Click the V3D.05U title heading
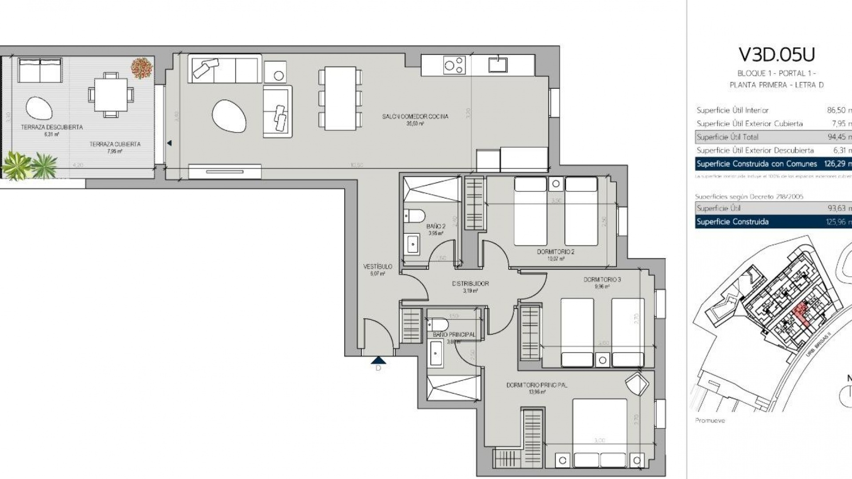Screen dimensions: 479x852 click(x=777, y=55)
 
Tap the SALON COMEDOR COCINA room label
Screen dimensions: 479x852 click(x=415, y=117)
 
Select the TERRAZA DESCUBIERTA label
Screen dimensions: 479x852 click(x=52, y=127)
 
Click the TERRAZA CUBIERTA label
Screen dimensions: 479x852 click(x=115, y=144)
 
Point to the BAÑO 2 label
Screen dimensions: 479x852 click(x=435, y=226)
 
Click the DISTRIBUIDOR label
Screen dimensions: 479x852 click(x=470, y=283)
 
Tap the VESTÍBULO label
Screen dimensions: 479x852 click(x=378, y=267)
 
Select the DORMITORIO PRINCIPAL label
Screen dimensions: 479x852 click(x=536, y=385)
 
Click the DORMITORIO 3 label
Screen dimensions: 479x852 click(x=602, y=280)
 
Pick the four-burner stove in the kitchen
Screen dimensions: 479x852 click(x=454, y=65)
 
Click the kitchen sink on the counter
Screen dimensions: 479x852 click(x=498, y=64)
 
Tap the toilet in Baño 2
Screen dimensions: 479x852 click(x=414, y=216)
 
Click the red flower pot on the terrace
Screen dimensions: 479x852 click(x=142, y=68)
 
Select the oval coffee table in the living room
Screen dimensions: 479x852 click(x=229, y=116)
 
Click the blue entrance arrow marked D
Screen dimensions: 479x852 click(x=378, y=360)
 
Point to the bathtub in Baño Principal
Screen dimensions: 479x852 click(x=435, y=354)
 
